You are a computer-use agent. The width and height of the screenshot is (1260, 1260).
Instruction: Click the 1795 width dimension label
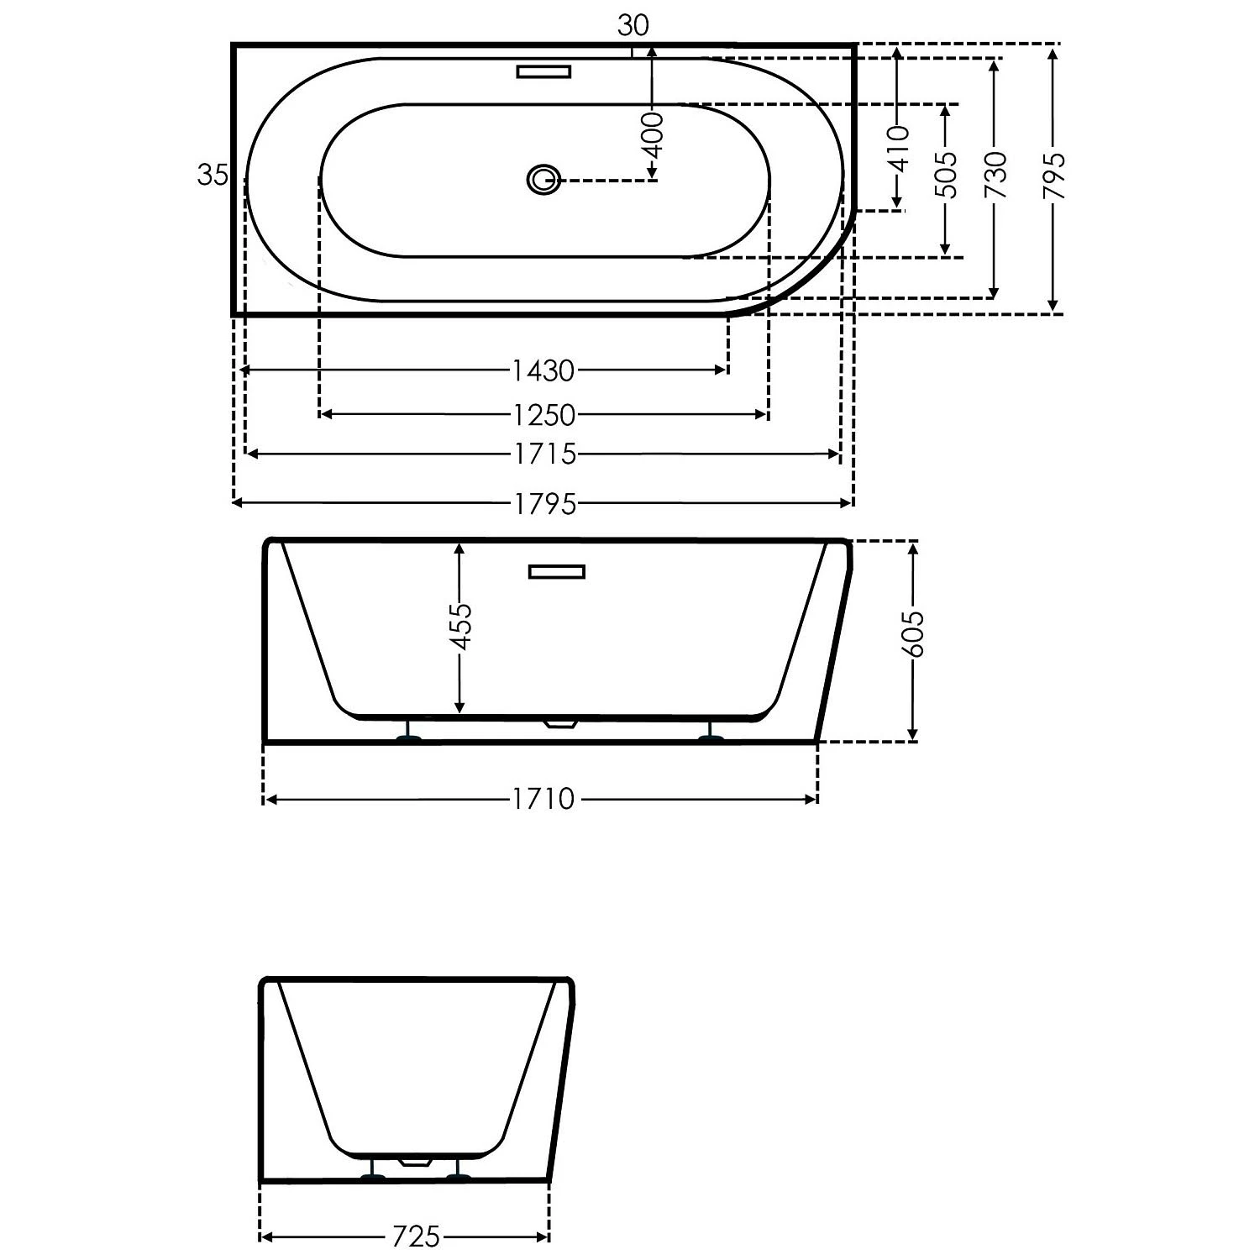(x=545, y=503)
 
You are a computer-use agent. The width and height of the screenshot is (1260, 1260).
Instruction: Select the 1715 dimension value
(x=545, y=454)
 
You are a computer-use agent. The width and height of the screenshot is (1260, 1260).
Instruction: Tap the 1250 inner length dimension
(x=544, y=414)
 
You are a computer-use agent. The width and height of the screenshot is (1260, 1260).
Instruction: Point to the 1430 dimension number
(x=543, y=370)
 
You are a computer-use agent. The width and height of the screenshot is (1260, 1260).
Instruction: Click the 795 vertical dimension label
(x=1053, y=175)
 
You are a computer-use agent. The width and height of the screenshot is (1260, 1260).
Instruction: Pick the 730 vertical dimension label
(x=995, y=175)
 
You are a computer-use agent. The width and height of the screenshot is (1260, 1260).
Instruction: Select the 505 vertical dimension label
(x=947, y=175)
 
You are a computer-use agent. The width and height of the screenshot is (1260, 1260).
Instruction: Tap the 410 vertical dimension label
(x=898, y=148)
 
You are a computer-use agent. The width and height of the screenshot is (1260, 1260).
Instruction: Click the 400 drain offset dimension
(x=653, y=135)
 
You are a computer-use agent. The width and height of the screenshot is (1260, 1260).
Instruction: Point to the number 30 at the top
(x=633, y=26)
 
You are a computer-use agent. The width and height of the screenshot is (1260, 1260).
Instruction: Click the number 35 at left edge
(x=212, y=175)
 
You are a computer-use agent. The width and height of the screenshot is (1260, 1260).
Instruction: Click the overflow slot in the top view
(x=543, y=71)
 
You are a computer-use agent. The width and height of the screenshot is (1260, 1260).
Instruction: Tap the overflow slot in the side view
(x=556, y=572)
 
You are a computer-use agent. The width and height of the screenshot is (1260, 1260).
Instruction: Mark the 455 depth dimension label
(x=459, y=627)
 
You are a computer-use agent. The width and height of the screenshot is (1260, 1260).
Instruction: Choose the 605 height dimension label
(x=914, y=634)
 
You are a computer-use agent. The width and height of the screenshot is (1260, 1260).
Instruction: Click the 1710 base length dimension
(x=543, y=799)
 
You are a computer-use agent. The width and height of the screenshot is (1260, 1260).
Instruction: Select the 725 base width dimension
(x=416, y=1236)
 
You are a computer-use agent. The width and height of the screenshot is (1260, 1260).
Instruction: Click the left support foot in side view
(x=409, y=738)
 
